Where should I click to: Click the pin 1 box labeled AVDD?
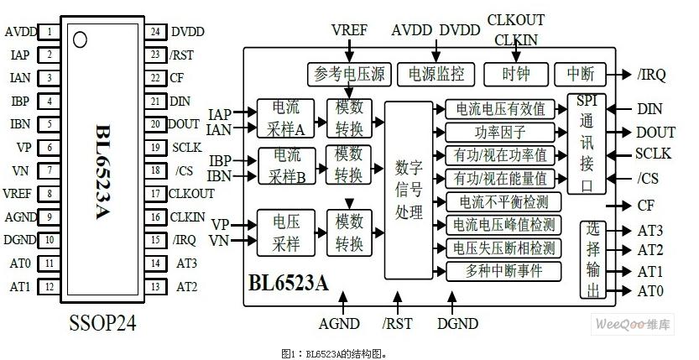(51, 33)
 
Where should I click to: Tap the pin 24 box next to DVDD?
(155, 32)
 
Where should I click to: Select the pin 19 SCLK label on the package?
(185, 146)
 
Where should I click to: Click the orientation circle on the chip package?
(80, 39)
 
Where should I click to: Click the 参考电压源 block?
(349, 74)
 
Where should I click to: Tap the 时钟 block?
(516, 74)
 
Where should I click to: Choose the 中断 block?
(580, 74)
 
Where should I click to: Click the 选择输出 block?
(594, 259)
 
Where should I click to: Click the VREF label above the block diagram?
(349, 29)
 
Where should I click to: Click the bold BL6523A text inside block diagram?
(288, 283)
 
